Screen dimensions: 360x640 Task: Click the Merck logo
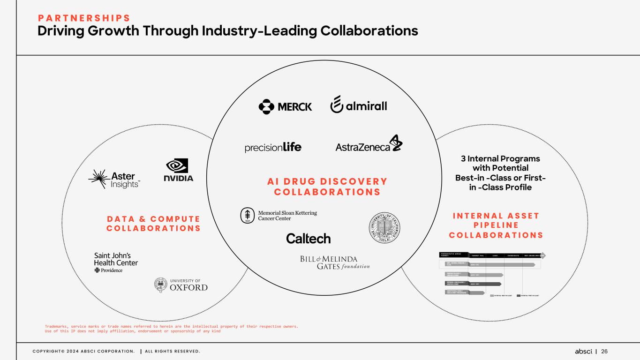tap(285, 106)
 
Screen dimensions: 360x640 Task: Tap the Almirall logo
tap(359, 105)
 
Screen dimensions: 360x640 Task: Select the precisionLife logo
tap(273, 147)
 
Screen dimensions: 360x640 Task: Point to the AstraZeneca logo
tap(369, 145)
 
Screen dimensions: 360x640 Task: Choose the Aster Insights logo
tap(114, 178)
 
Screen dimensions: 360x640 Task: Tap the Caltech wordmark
tap(309, 239)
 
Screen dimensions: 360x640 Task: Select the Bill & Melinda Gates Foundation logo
tap(335, 262)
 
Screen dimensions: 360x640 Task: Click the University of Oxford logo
tap(181, 285)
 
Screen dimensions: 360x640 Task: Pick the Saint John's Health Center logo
tap(116, 262)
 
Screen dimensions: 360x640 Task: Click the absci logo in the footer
tap(584, 352)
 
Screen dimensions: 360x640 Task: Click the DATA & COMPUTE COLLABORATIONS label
tap(153, 224)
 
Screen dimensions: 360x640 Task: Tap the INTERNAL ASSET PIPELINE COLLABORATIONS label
tap(496, 225)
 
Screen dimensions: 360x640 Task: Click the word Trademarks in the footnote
tap(59, 326)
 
